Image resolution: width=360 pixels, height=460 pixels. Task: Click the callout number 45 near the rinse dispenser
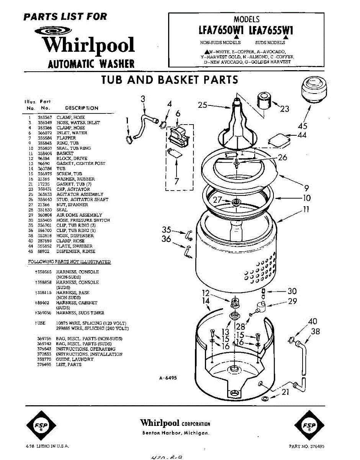point(303,126)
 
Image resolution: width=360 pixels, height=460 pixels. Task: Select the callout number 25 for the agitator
point(203,105)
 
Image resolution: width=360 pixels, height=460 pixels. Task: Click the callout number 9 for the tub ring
point(306,188)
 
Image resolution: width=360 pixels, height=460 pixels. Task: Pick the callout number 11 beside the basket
point(306,209)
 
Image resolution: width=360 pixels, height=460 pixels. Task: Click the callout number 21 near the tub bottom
point(285,392)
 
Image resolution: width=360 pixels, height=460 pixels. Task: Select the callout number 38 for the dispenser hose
point(315,331)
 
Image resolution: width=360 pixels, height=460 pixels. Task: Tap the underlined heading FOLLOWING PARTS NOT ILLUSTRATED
point(69,262)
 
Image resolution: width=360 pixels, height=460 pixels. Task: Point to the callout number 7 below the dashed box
point(177,181)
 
